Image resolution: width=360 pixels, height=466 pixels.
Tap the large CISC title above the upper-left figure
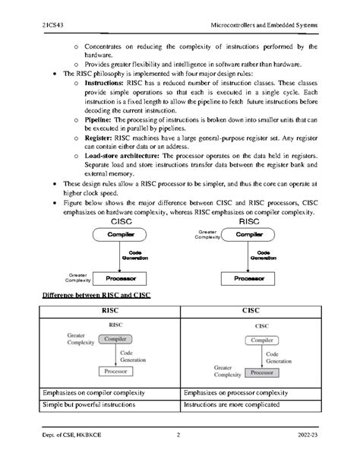coord(122,223)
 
